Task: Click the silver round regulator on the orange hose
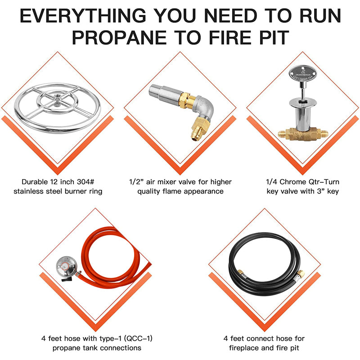coord(67,269)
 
